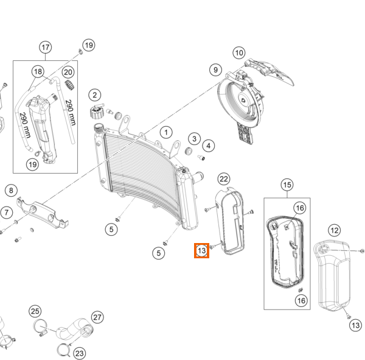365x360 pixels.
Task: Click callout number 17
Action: click(46, 48)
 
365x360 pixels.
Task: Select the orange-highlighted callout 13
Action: click(202, 250)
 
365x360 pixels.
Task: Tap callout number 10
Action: click(238, 53)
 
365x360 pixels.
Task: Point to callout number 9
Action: click(215, 69)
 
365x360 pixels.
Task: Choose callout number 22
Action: click(224, 178)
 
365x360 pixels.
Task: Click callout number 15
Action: click(287, 185)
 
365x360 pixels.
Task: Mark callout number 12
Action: click(334, 230)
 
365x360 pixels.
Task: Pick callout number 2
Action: click(94, 95)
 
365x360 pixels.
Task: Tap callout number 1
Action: click(165, 132)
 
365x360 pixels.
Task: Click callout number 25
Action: click(35, 312)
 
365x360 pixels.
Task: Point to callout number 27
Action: click(97, 317)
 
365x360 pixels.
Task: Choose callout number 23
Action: click(80, 352)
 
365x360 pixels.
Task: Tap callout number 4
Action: click(209, 146)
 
